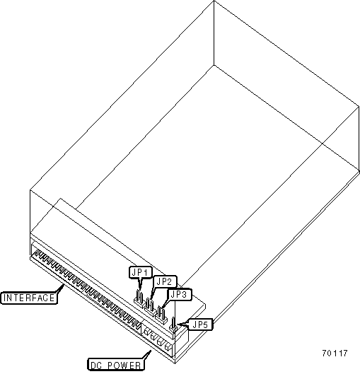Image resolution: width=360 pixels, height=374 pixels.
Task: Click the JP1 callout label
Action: [141, 272]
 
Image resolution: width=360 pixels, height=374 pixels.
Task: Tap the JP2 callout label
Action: [165, 281]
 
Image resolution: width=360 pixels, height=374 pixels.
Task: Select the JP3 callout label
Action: [180, 294]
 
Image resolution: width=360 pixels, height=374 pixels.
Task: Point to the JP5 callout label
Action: [200, 325]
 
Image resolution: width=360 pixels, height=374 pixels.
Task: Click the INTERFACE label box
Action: [29, 298]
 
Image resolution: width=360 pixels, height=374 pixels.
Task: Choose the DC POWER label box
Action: [116, 365]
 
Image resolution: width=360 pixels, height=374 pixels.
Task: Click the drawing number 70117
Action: [335, 353]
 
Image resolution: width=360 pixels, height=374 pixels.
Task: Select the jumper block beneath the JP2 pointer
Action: [151, 307]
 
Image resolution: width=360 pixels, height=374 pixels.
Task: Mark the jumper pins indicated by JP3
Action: [161, 315]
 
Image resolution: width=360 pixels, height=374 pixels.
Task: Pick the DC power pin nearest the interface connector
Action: [146, 331]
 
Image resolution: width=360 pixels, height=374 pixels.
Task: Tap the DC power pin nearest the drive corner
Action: [168, 347]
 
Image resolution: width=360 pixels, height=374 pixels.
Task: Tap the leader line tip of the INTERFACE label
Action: [64, 284]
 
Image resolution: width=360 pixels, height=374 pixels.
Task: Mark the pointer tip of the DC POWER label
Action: [151, 351]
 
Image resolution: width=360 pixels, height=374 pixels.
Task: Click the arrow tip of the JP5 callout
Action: [177, 325]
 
